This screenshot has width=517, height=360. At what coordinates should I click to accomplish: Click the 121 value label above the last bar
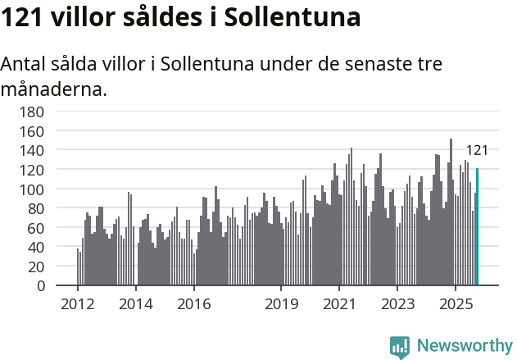(x=477, y=150)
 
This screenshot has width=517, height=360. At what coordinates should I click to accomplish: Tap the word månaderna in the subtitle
(x=54, y=89)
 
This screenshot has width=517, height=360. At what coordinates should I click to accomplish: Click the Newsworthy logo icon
(x=400, y=346)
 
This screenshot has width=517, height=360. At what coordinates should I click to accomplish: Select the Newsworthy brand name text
(x=465, y=346)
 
